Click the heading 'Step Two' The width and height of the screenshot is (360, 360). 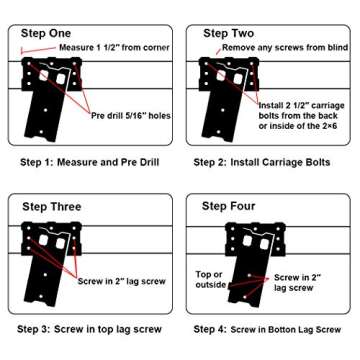coord(229,33)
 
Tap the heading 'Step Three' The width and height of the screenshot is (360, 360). coord(52,207)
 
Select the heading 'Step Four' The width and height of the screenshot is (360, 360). coord(229,207)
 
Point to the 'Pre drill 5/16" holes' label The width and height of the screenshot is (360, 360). coord(131,114)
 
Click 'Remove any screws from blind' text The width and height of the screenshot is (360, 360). coord(285,47)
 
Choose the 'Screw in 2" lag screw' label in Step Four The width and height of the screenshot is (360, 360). coord(298,281)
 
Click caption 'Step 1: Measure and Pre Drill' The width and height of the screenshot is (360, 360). coord(88,161)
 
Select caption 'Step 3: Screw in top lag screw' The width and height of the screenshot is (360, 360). coord(89,328)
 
